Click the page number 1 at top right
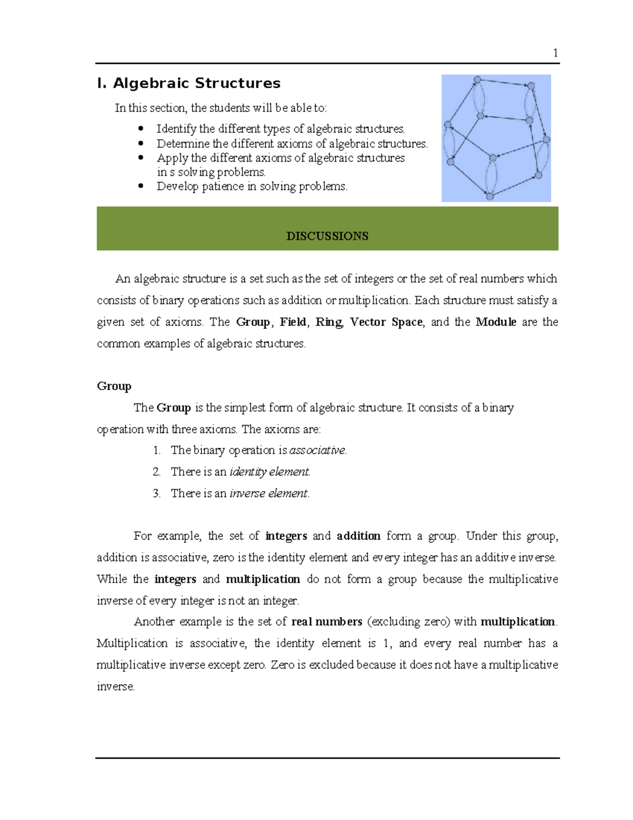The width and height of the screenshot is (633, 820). pyautogui.click(x=555, y=53)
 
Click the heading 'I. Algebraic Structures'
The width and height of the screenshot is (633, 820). pyautogui.click(x=189, y=83)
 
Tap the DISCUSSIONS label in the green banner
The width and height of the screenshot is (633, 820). pyautogui.click(x=327, y=236)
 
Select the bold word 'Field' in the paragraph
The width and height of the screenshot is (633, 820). pyautogui.click(x=293, y=322)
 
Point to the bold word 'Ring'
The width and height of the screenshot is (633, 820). pyautogui.click(x=329, y=322)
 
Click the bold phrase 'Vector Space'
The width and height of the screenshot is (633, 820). pyautogui.click(x=386, y=322)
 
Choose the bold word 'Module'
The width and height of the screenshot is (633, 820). pyautogui.click(x=496, y=322)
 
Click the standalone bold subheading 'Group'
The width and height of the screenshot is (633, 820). pyautogui.click(x=114, y=386)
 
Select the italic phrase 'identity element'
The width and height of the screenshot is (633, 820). pyautogui.click(x=269, y=472)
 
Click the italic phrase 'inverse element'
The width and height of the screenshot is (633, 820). pyautogui.click(x=268, y=494)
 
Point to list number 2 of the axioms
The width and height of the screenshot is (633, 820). pyautogui.click(x=157, y=472)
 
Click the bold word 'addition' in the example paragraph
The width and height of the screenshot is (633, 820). pyautogui.click(x=359, y=536)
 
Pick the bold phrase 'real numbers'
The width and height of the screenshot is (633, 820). pyautogui.click(x=327, y=622)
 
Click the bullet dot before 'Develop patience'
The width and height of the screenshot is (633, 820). pyautogui.click(x=140, y=186)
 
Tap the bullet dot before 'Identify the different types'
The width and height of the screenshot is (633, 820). pyautogui.click(x=140, y=128)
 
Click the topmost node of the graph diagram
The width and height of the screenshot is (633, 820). pyautogui.click(x=477, y=80)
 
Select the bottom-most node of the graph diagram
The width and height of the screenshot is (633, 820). pyautogui.click(x=490, y=196)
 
